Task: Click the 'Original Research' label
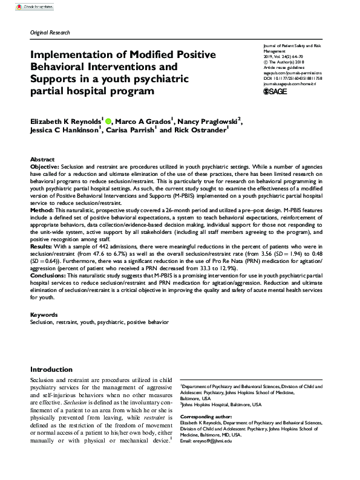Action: coord(50,33)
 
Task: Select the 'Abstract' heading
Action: coord(42,158)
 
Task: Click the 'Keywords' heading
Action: coord(44,315)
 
